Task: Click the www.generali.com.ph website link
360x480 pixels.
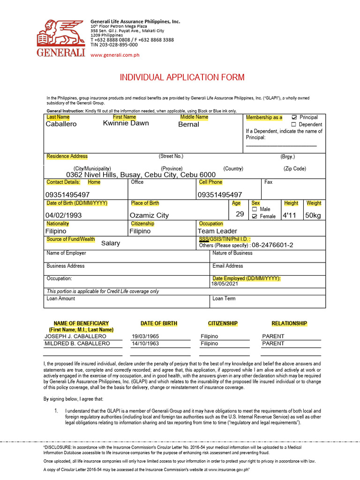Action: point(115,55)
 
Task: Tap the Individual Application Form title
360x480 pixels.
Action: point(182,77)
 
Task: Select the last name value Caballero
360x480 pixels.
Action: point(61,124)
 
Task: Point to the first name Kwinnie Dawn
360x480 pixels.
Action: point(126,123)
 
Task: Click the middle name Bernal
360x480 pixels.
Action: point(188,125)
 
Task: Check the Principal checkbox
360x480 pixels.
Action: point(294,117)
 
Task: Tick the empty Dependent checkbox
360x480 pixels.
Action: point(294,125)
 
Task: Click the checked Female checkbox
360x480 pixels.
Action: point(255,217)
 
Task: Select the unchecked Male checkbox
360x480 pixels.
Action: point(255,209)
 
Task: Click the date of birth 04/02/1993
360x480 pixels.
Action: point(63,215)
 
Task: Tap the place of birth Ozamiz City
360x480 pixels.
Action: point(149,215)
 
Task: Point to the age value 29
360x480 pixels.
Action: point(240,214)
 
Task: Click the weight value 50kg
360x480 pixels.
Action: point(313,215)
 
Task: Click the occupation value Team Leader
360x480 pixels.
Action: point(217,231)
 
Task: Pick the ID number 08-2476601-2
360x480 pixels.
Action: point(272,245)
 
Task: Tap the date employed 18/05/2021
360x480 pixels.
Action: point(225,284)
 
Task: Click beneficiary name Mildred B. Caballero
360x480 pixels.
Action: point(77,344)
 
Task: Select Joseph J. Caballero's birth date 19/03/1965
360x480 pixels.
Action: point(145,337)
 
